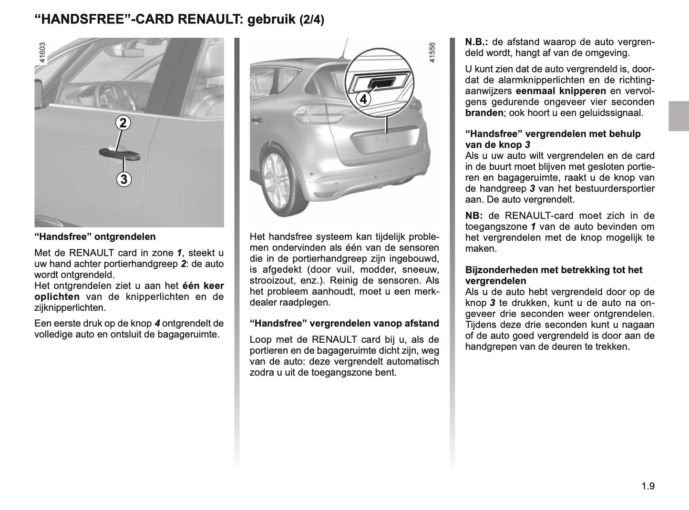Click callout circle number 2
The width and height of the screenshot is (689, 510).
pyautogui.click(x=123, y=123)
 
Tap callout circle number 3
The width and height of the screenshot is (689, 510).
pyautogui.click(x=123, y=179)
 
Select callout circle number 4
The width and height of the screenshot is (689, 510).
pyautogui.click(x=363, y=100)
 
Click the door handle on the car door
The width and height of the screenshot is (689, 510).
pyautogui.click(x=119, y=153)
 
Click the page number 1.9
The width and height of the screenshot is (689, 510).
pyautogui.click(x=648, y=487)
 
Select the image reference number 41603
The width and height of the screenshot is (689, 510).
pyautogui.click(x=42, y=53)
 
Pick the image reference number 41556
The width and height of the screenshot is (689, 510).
pyautogui.click(x=432, y=53)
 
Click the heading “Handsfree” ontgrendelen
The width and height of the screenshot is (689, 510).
pyautogui.click(x=95, y=236)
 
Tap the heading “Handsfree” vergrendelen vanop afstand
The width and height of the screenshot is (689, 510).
pyautogui.click(x=344, y=324)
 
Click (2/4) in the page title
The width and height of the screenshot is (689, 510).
pyautogui.click(x=311, y=20)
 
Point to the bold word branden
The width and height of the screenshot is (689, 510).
pyautogui.click(x=484, y=113)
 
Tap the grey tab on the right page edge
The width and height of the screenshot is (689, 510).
pyautogui.click(x=678, y=116)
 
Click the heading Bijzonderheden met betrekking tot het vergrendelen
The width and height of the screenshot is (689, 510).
pyautogui.click(x=554, y=275)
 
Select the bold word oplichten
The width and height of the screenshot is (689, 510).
pyautogui.click(x=57, y=296)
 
